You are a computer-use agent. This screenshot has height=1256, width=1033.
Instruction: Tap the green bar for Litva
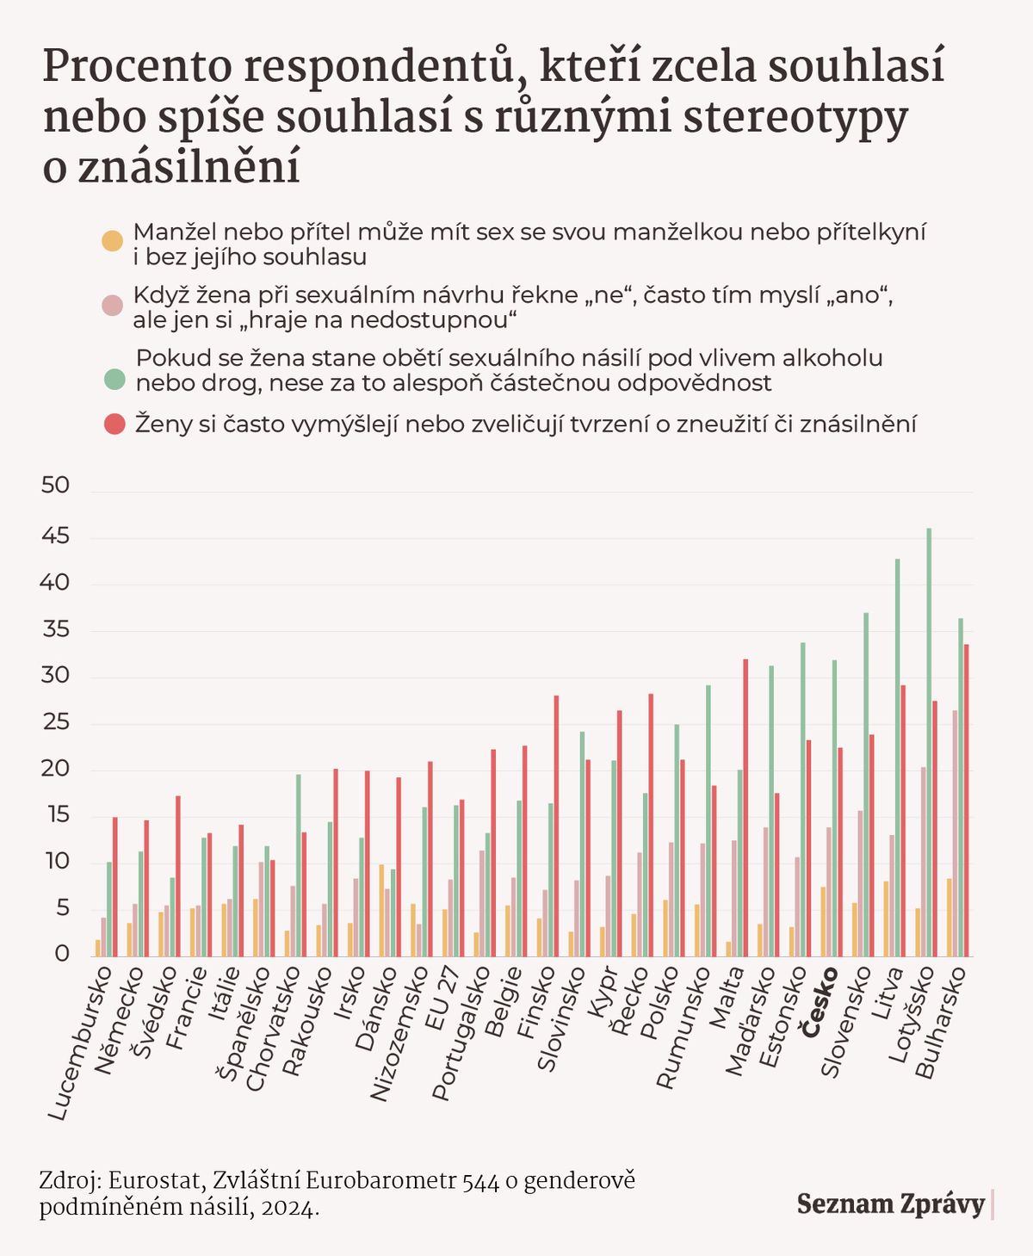pos(897,758)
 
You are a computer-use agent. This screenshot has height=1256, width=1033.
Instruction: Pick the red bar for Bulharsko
pos(966,801)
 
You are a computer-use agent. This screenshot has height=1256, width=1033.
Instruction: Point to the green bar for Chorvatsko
pos(299,865)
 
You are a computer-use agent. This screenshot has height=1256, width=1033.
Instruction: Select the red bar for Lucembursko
pos(114,887)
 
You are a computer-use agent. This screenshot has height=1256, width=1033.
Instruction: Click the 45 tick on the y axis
pos(55,537)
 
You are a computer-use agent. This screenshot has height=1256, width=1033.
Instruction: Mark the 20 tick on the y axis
pos(55,769)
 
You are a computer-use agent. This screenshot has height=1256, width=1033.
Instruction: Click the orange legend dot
pos(112,242)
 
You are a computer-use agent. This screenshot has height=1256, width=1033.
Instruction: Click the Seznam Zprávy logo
pos(891,1203)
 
